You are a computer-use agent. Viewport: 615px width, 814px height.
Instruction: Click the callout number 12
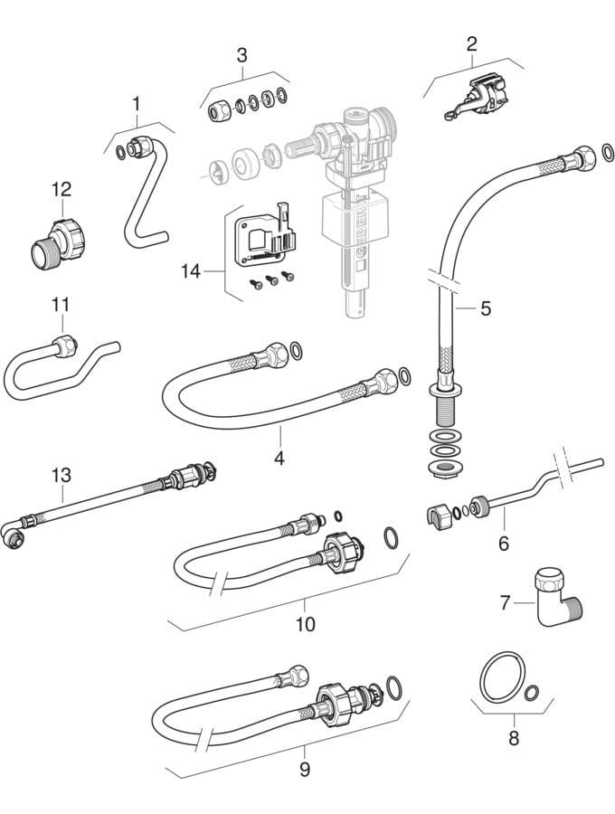(61, 189)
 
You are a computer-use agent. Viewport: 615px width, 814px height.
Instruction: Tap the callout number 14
(190, 270)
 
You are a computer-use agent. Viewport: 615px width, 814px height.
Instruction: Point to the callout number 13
(61, 475)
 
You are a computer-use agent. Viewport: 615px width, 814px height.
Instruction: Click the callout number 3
(241, 54)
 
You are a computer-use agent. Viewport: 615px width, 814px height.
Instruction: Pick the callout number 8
(513, 738)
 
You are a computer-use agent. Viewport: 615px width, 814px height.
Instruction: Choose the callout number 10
(305, 624)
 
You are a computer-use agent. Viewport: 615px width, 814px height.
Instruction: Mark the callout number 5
(486, 308)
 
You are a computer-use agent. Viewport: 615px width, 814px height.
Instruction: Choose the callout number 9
(305, 770)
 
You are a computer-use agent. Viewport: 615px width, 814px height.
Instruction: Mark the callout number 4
(279, 459)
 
